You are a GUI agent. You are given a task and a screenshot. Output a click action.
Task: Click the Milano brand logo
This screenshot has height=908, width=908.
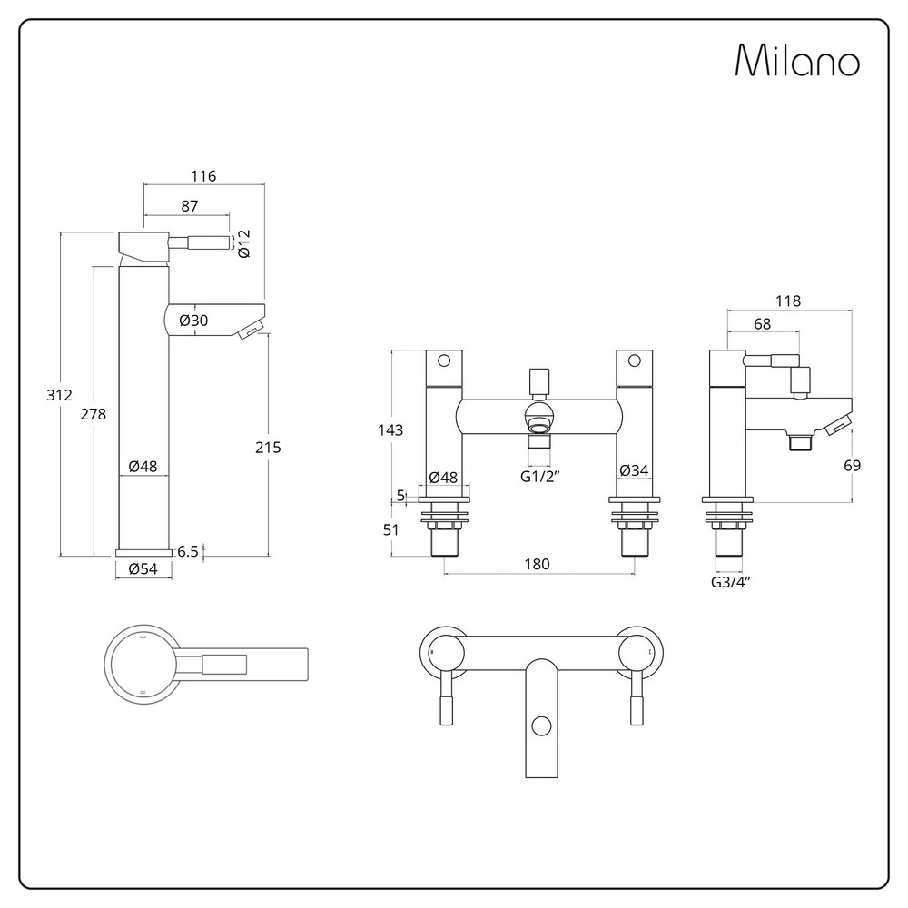[797, 60]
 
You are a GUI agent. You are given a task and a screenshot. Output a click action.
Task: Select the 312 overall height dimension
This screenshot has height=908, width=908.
[59, 395]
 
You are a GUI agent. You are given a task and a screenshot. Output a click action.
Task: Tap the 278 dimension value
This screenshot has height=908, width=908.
[94, 414]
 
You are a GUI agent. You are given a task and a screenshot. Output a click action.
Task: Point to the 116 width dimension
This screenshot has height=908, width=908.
[203, 176]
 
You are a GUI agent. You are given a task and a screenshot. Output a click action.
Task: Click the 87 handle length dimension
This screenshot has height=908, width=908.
[190, 206]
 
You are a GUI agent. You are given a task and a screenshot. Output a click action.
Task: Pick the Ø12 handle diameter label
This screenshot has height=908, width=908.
[243, 243]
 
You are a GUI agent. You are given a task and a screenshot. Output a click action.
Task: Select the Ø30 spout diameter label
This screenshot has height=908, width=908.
[193, 321]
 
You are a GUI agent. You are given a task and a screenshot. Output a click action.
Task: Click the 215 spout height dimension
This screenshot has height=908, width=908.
[268, 447]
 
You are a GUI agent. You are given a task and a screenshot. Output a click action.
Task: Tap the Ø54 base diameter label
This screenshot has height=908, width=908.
[143, 568]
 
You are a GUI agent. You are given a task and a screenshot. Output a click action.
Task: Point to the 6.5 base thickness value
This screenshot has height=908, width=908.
[188, 551]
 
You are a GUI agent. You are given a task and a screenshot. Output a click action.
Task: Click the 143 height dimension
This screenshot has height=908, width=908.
[390, 430]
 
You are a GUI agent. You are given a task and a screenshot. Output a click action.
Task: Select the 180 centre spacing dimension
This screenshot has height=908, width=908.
[537, 564]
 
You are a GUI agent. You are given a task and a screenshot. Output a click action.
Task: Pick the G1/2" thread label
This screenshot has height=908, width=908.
[539, 477]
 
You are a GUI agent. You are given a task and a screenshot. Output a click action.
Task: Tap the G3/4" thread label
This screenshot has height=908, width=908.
[731, 582]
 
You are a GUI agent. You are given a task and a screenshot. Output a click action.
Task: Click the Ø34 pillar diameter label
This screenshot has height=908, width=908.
[634, 470]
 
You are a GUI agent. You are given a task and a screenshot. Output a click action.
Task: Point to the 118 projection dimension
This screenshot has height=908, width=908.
[788, 301]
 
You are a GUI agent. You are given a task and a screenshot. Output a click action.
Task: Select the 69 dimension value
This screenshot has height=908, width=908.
[853, 466]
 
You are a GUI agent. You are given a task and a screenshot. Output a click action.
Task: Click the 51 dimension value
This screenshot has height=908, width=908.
[390, 530]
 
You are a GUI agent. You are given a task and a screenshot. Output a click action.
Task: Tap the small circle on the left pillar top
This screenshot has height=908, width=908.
[444, 360]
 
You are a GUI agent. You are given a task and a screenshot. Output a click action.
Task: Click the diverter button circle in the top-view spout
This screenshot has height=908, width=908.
[541, 726]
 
